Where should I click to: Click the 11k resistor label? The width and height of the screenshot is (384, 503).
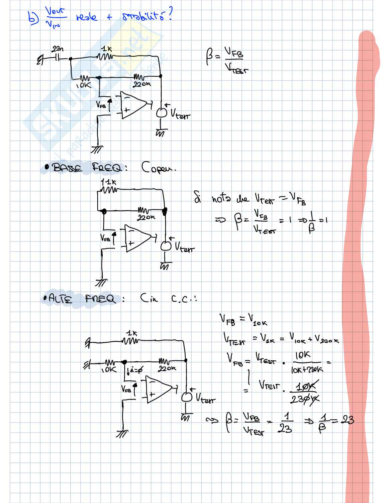pyautogui.click(x=107, y=183)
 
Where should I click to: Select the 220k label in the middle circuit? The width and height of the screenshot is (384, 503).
pyautogui.click(x=146, y=217)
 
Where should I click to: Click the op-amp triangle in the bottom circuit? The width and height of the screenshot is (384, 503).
pyautogui.click(x=158, y=389)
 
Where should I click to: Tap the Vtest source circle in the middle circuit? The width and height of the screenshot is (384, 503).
pyautogui.click(x=165, y=246)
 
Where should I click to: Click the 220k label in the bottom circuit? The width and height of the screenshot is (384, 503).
pyautogui.click(x=167, y=369)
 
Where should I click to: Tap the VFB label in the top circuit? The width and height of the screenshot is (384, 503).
pyautogui.click(x=101, y=105)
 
